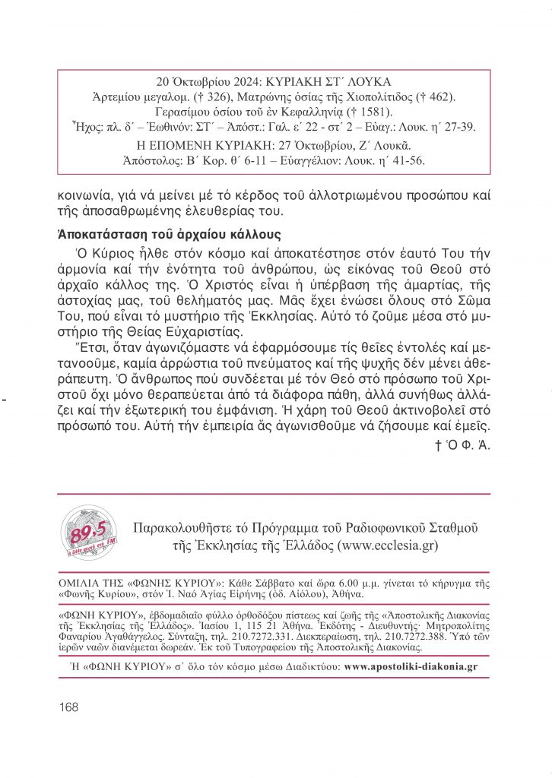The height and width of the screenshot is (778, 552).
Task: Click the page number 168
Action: tap(68, 707)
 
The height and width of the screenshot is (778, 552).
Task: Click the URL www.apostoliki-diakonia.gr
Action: tap(411, 666)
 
